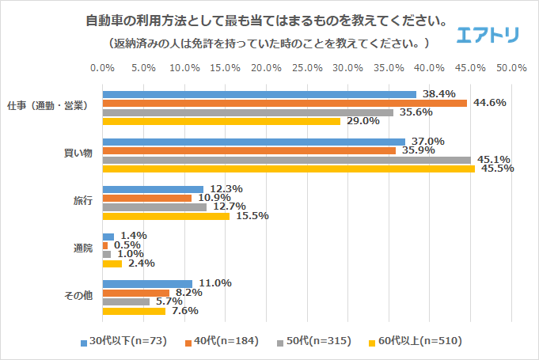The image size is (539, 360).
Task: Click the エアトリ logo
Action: point(488,34)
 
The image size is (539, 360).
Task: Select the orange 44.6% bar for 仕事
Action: point(285,103)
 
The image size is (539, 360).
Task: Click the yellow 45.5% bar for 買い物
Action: point(289,169)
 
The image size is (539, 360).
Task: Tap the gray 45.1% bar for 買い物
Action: point(287,159)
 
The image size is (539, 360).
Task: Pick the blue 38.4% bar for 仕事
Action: point(260,94)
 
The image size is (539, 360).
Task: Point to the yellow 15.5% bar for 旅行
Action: point(166,216)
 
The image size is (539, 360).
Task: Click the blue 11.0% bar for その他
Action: point(148,283)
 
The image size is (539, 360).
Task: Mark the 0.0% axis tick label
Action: point(103,68)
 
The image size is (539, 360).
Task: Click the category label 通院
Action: point(83,248)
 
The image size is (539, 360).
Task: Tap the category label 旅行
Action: point(83,200)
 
